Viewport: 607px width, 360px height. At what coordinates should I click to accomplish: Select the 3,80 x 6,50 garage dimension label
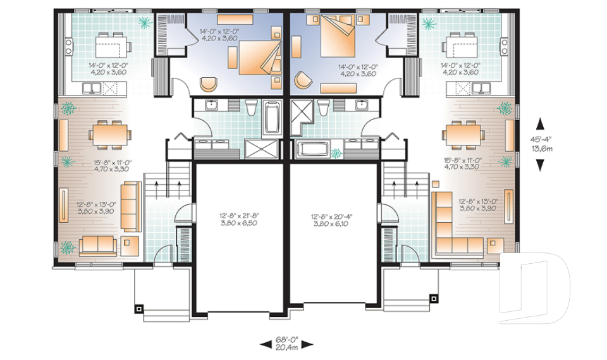point(239,223)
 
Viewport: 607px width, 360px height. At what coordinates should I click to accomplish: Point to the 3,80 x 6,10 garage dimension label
point(332,223)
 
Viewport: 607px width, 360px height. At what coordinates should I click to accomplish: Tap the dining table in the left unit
point(109,135)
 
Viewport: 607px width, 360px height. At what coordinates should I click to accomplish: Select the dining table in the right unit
point(463,135)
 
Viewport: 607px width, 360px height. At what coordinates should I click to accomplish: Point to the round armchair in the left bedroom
point(209,84)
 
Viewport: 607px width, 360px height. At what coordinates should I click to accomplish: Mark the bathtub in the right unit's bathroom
point(312,149)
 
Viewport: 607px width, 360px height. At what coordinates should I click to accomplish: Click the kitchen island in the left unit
point(113,44)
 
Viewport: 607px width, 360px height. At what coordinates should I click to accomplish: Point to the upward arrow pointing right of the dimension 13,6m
point(540,124)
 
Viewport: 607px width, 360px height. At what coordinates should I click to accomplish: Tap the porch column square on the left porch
point(139,309)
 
